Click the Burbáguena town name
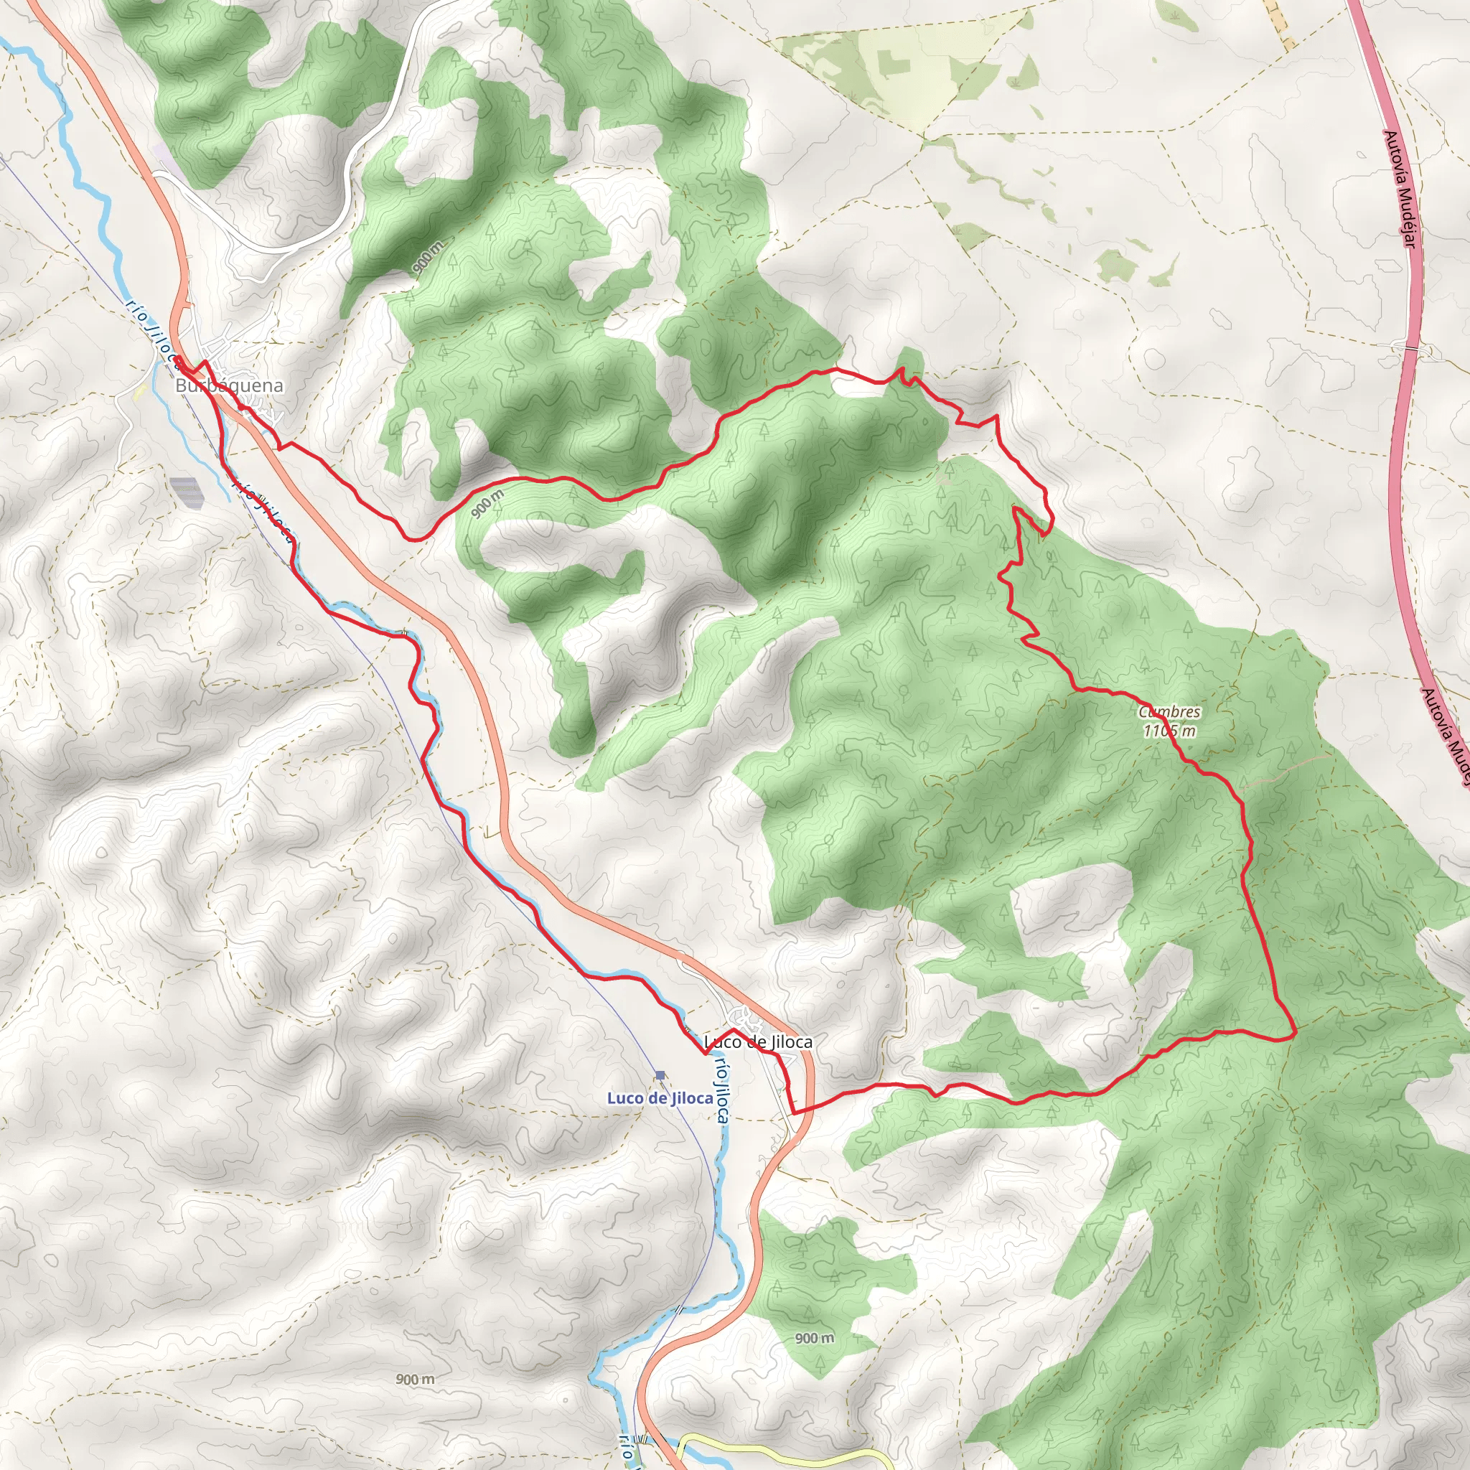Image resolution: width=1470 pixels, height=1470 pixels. [x=229, y=385]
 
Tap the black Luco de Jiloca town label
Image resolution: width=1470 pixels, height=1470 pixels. [x=758, y=1041]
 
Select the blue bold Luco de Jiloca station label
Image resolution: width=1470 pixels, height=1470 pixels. [x=660, y=1098]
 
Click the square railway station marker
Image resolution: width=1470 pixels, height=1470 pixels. [x=660, y=1075]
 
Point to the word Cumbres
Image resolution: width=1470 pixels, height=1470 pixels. [x=1169, y=712]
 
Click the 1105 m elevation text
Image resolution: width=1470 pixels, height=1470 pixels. [x=1169, y=731]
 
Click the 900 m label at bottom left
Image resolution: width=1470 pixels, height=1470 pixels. [x=416, y=1380]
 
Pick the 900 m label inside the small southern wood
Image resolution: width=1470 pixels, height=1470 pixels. [x=814, y=1339]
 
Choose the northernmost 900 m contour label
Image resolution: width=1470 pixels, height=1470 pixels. [x=429, y=256]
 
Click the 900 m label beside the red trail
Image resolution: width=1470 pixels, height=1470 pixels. [x=487, y=504]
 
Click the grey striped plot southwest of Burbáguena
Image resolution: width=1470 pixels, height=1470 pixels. [x=187, y=492]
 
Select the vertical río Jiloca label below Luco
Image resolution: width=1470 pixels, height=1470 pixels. [x=721, y=1091]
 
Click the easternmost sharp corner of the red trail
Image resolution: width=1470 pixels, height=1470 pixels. [x=1295, y=1036]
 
